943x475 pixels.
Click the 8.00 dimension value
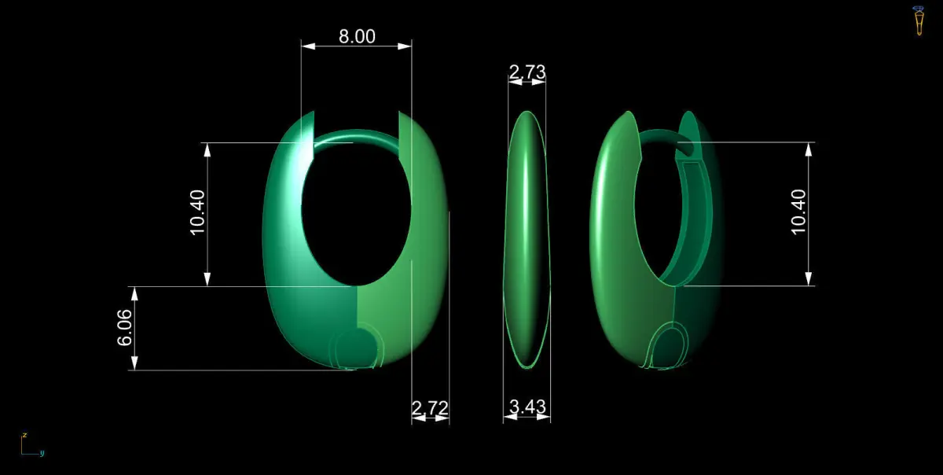[x=357, y=37]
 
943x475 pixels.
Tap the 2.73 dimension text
[x=527, y=72]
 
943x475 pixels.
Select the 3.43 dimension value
[x=527, y=407]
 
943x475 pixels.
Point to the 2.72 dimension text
[x=430, y=408]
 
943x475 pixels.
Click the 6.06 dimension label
[x=125, y=328]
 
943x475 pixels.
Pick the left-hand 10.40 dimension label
[x=197, y=212]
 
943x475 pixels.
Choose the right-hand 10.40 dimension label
[x=798, y=212]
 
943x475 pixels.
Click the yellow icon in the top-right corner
[x=919, y=20]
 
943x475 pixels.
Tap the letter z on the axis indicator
[x=25, y=435]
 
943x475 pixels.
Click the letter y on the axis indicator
[x=42, y=454]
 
